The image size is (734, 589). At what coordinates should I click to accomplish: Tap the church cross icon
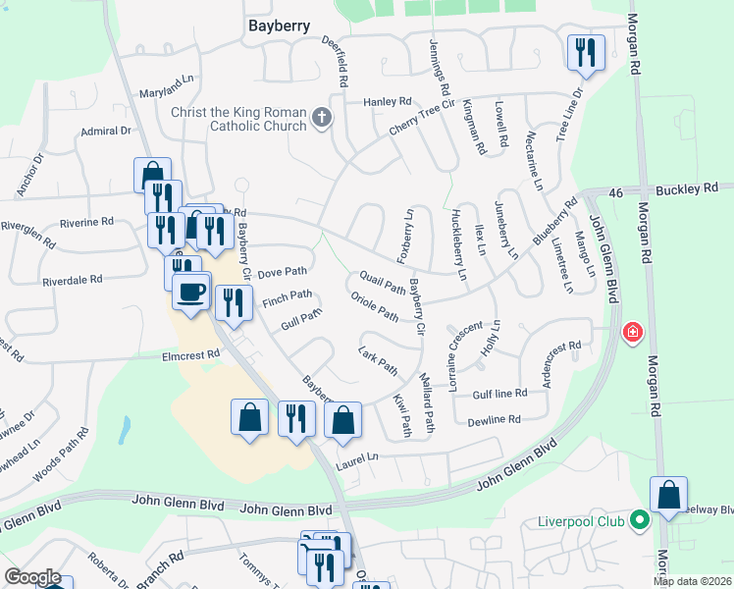(320, 120)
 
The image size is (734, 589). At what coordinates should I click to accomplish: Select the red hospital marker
(632, 332)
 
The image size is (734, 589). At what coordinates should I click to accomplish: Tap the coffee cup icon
(190, 291)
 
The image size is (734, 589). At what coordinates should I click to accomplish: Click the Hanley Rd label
(388, 101)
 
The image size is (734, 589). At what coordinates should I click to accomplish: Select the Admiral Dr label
(105, 131)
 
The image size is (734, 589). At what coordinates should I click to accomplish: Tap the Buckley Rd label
(688, 187)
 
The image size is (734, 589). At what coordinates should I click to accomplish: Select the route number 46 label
(615, 195)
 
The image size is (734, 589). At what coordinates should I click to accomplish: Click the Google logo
(32, 577)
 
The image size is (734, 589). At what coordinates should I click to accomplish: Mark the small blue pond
(126, 428)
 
